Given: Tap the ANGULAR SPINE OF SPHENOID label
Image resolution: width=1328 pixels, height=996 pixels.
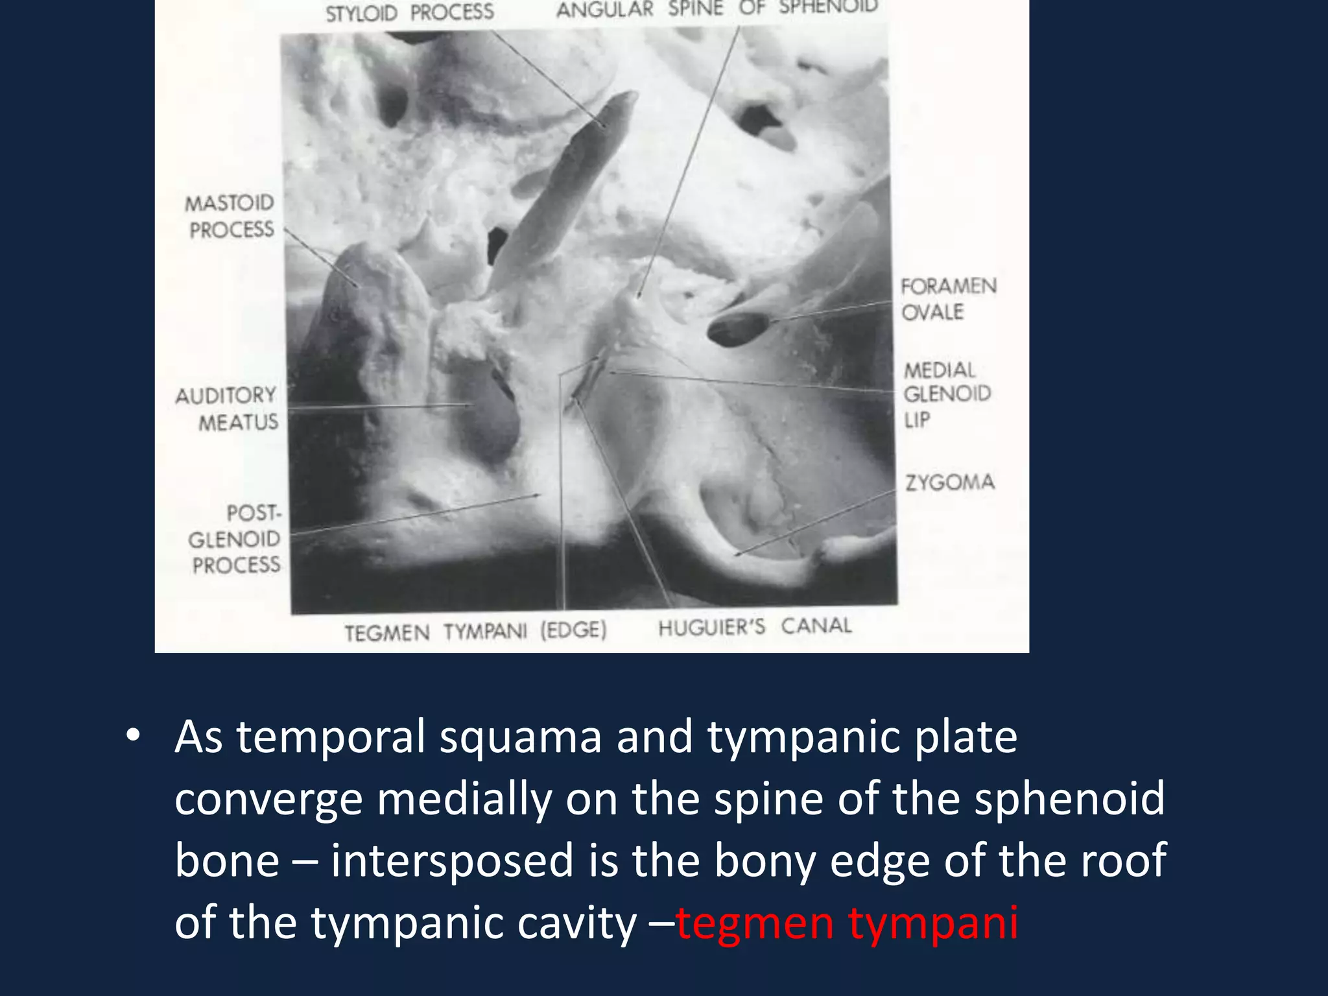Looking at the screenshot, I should pos(717,9).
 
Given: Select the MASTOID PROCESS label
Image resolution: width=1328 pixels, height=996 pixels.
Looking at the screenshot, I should pos(231,217).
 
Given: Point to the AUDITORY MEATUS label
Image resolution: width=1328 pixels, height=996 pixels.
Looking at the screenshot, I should pos(227,409).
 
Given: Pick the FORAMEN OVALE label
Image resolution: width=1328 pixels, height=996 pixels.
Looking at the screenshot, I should pos(947,299).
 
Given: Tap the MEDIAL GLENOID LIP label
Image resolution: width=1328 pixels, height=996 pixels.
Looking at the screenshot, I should pos(946,394).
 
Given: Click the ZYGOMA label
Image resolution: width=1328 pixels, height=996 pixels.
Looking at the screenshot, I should pos(949,482).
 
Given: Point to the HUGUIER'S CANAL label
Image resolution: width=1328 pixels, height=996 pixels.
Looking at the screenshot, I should pos(755,627).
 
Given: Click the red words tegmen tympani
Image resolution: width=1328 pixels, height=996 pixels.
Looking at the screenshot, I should pos(847,922).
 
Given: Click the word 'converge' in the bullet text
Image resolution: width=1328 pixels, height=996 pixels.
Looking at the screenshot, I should pos(268,799).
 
